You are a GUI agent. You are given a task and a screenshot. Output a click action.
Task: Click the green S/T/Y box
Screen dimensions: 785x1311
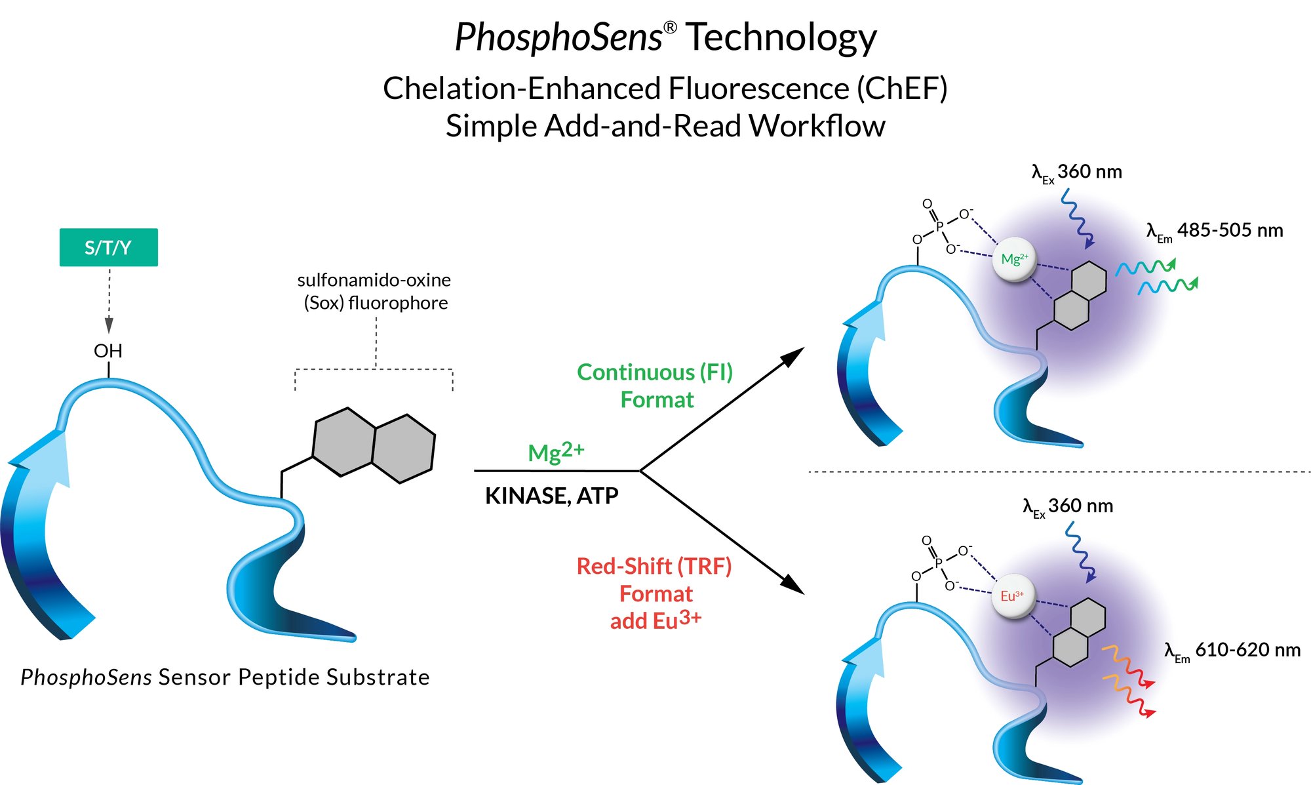(108, 247)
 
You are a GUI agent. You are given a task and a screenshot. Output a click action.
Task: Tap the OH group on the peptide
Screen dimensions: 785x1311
(108, 351)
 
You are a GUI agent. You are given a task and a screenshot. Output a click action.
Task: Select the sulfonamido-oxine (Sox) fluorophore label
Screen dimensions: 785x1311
(374, 291)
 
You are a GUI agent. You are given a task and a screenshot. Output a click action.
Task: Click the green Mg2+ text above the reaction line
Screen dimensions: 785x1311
(556, 451)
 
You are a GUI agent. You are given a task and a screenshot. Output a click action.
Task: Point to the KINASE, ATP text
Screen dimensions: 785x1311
(551, 496)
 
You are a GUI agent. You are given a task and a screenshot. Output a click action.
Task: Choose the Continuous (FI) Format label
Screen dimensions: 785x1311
(655, 386)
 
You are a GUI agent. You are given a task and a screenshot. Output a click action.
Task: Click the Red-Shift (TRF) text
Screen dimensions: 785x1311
(654, 566)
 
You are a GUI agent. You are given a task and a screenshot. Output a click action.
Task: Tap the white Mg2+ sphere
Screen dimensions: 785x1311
(1015, 259)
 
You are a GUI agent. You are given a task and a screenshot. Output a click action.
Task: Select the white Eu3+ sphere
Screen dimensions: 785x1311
(1012, 596)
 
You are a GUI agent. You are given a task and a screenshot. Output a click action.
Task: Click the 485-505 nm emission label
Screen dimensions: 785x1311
(1215, 231)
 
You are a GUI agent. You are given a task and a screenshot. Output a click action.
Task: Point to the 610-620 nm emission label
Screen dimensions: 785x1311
(1232, 651)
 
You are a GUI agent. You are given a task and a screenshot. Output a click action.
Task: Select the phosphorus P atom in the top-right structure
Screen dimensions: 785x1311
(939, 226)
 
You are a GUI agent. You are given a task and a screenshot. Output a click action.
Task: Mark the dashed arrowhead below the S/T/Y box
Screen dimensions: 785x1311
(109, 325)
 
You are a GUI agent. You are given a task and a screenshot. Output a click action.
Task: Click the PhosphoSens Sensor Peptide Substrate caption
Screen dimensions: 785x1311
(225, 677)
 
